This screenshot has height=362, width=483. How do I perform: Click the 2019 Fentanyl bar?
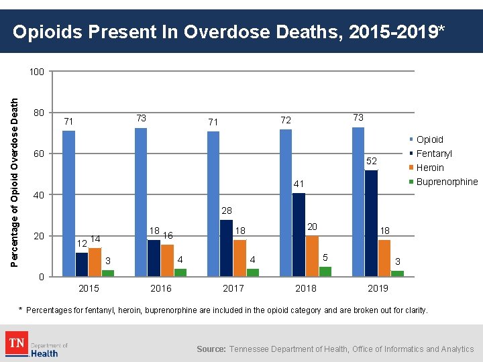pos(371,223)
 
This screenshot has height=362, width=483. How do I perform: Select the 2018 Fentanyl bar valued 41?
pos(299,235)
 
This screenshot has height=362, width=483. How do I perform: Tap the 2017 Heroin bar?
pos(239,258)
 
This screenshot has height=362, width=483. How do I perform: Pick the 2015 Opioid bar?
pos(68,203)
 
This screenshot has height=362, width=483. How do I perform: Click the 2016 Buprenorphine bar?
pos(180,272)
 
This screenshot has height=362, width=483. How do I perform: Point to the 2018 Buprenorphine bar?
pos(325,271)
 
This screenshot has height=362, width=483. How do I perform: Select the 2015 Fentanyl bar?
pos(82,264)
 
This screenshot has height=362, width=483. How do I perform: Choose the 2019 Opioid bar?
pos(358,201)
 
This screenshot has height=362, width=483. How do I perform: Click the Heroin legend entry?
pos(430,168)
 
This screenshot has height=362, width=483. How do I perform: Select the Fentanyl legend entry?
pos(434,154)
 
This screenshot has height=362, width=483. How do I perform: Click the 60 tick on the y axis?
pos(39,154)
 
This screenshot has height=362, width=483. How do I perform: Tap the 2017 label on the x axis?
pos(233,288)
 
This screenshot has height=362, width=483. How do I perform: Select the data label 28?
pos(226,210)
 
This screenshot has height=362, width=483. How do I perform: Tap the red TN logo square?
pos(16,344)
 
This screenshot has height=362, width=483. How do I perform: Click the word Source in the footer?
pos(211,349)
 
